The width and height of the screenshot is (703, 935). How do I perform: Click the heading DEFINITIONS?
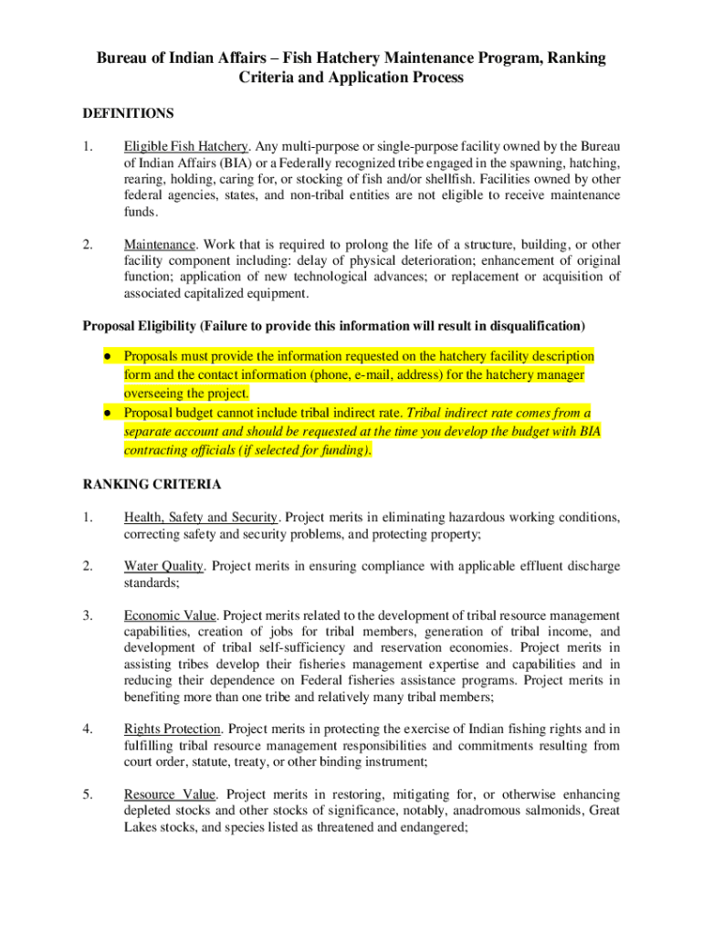(129, 114)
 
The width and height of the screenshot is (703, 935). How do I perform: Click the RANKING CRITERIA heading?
(152, 484)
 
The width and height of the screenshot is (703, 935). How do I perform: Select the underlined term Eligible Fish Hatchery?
(186, 146)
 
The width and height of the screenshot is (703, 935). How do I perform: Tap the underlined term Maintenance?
(160, 245)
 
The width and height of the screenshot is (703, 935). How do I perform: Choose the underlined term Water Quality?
(165, 566)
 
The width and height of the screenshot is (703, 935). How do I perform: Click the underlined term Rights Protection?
(173, 729)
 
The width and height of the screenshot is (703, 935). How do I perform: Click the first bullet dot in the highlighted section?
(107, 355)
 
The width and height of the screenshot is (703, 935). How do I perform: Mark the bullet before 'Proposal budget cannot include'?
(107, 413)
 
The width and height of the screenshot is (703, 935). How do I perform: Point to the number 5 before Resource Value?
(86, 794)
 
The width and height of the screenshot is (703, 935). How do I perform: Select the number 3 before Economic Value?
(86, 615)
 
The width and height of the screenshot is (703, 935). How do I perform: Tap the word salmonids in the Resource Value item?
(551, 811)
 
